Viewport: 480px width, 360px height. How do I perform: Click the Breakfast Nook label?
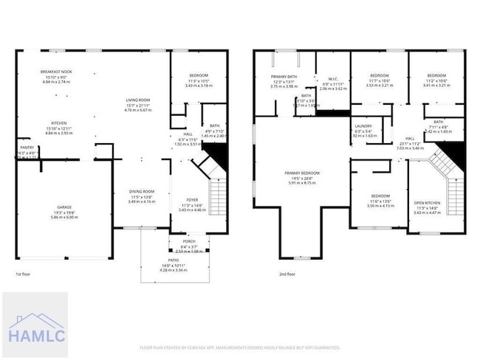55,71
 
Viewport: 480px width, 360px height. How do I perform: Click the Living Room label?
137,100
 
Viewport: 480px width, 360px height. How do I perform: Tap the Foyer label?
192,199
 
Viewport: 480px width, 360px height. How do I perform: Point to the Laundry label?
363,126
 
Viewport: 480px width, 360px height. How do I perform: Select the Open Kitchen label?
427,203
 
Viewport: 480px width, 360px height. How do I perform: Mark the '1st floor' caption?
23,274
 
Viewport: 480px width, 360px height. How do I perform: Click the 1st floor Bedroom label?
199,75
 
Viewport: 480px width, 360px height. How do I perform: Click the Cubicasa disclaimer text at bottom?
240,347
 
